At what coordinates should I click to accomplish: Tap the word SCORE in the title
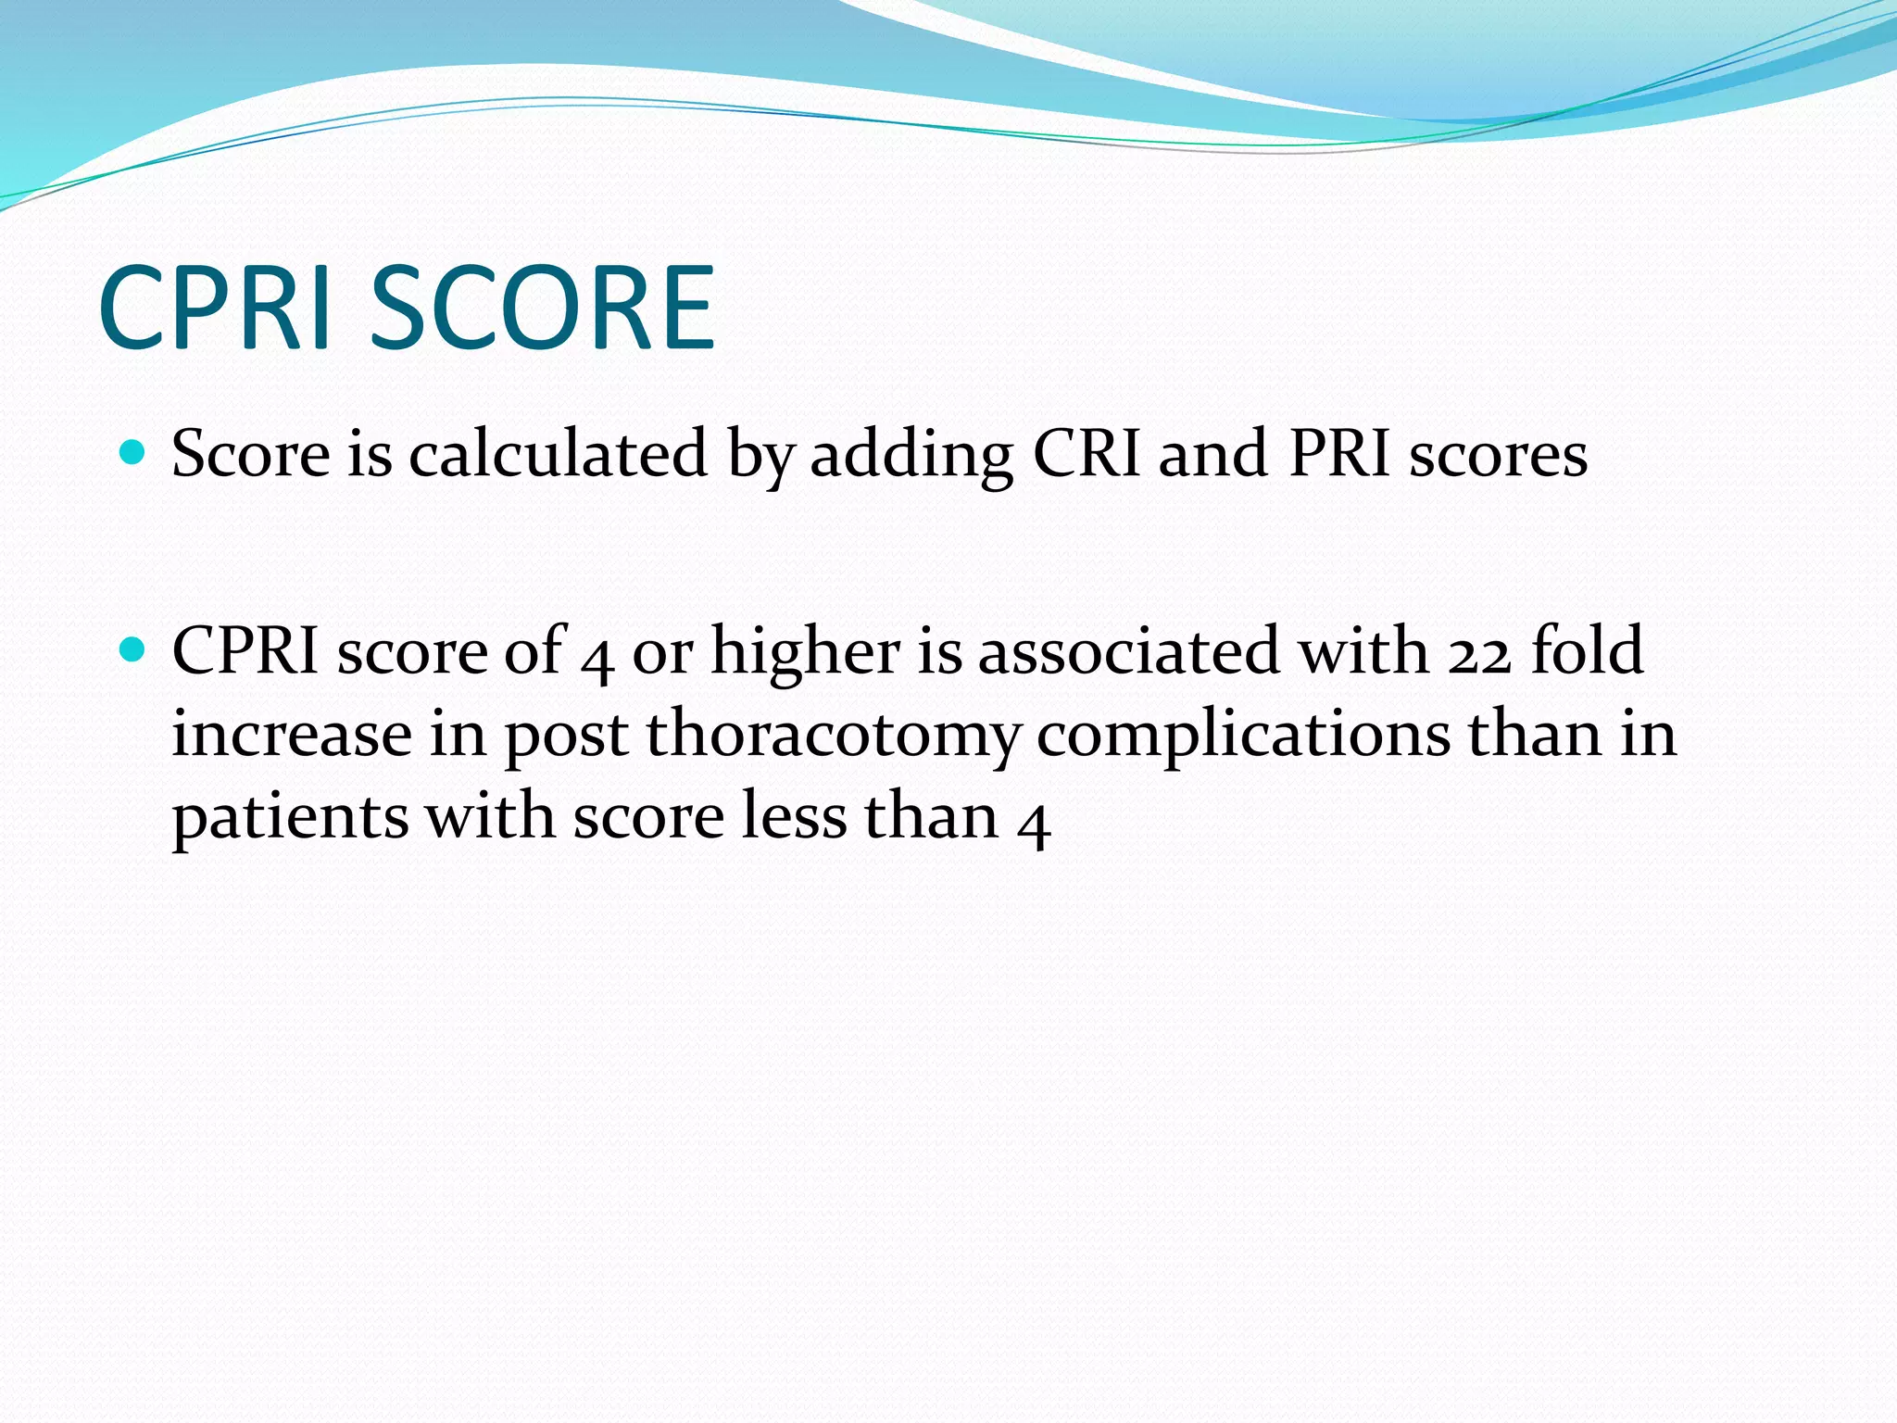coord(543,308)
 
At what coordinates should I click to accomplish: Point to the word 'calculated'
coord(559,454)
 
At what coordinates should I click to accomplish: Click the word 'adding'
coord(911,456)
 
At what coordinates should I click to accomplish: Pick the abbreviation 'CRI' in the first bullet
coord(1086,454)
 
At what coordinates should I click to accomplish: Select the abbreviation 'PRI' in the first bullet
coord(1339,454)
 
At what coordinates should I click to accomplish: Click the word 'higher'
coord(805,651)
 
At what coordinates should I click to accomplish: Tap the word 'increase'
coord(292,735)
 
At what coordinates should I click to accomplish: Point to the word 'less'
coord(794,817)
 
